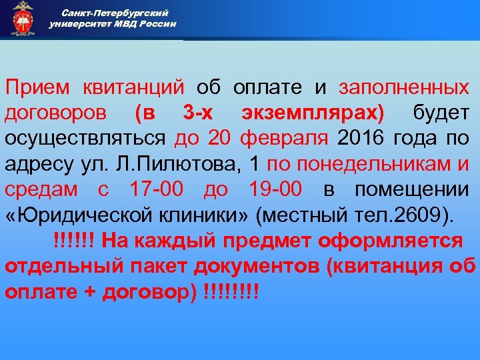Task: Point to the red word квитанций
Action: point(134,87)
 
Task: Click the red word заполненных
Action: point(403,87)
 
